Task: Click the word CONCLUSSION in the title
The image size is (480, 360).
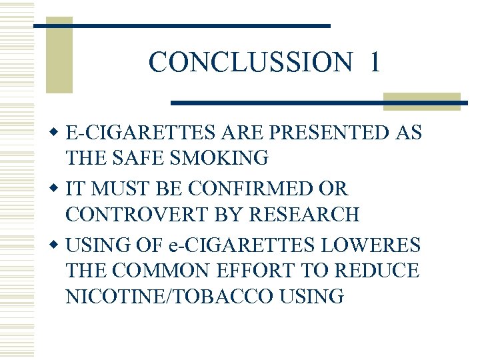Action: coord(250,62)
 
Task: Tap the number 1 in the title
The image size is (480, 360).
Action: coord(374,62)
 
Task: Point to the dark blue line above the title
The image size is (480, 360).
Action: coord(183,25)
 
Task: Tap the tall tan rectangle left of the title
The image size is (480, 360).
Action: coord(59,59)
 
